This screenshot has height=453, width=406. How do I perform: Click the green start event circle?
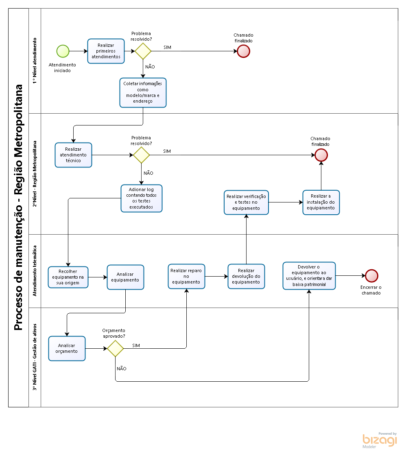(63, 51)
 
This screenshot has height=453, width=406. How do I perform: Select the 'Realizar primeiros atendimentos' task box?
(106, 51)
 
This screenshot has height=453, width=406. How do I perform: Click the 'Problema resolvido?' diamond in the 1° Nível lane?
(143, 51)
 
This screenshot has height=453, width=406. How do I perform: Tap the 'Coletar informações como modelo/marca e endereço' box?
(143, 93)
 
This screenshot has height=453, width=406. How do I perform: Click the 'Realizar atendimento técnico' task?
(73, 155)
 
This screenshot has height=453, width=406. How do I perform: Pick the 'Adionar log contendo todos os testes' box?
(142, 198)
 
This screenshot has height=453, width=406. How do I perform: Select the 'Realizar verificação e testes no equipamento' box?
(246, 202)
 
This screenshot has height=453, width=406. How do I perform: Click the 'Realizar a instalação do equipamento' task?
(321, 202)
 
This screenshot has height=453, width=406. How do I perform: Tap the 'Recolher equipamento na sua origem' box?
(68, 277)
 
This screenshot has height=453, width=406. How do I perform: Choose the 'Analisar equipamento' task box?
(125, 277)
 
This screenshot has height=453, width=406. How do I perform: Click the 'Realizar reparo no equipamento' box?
(186, 277)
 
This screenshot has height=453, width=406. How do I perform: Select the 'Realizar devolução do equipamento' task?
(246, 277)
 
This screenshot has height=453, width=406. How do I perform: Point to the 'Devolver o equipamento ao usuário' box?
(309, 276)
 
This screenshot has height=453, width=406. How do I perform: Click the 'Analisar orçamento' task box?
(67, 348)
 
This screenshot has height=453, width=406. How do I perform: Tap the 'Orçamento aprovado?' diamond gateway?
(116, 348)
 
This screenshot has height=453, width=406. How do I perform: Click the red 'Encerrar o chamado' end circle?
(371, 276)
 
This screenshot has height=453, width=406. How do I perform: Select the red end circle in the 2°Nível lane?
(321, 155)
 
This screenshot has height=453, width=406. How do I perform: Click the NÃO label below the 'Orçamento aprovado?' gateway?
(122, 369)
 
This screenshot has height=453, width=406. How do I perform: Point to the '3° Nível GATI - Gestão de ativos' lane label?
(35, 357)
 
